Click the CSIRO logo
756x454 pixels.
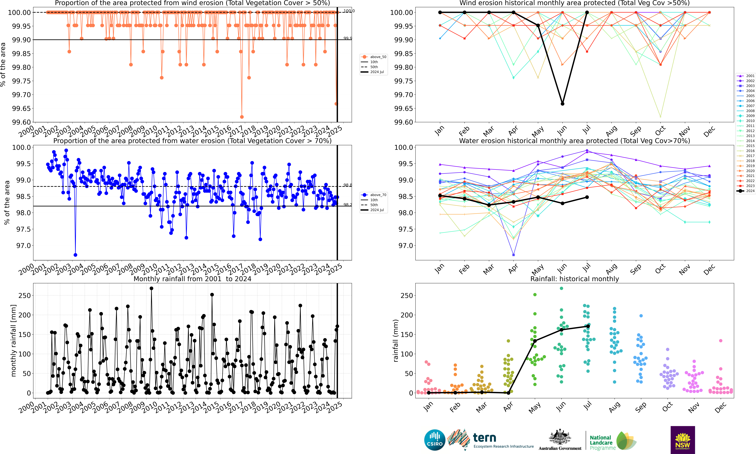[x=434, y=440]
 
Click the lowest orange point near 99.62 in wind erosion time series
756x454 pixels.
[x=242, y=117]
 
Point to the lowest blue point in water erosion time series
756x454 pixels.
[x=75, y=255]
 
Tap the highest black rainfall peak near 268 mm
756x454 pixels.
[x=151, y=288]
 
